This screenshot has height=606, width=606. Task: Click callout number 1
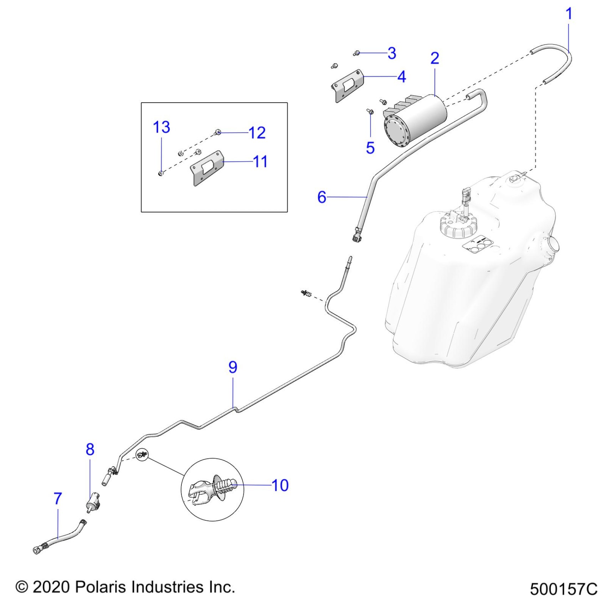point(569,14)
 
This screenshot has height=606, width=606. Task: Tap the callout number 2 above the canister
point(435,58)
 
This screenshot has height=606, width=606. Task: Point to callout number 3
point(392,53)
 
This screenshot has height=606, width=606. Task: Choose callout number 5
point(370,148)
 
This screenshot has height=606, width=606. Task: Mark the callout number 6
point(322,197)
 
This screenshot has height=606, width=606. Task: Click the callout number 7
point(58,498)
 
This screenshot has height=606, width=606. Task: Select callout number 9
point(233,367)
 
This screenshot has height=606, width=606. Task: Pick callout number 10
point(280,485)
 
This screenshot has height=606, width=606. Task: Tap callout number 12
point(257,133)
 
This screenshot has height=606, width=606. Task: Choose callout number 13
point(161,127)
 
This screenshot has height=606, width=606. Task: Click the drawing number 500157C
point(563,589)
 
